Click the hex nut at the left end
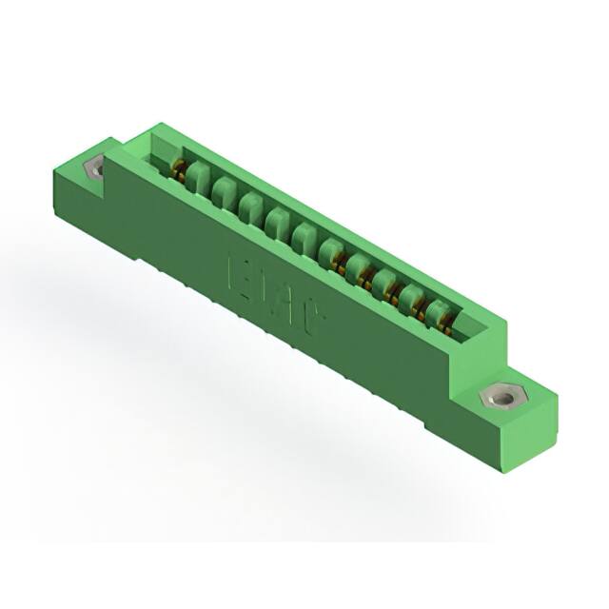point(94,169)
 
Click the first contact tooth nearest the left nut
point(197,175)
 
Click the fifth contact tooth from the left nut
point(305,235)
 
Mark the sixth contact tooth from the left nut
point(332,250)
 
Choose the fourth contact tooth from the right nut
point(359,265)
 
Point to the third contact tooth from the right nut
point(385,281)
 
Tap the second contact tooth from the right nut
point(412,296)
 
